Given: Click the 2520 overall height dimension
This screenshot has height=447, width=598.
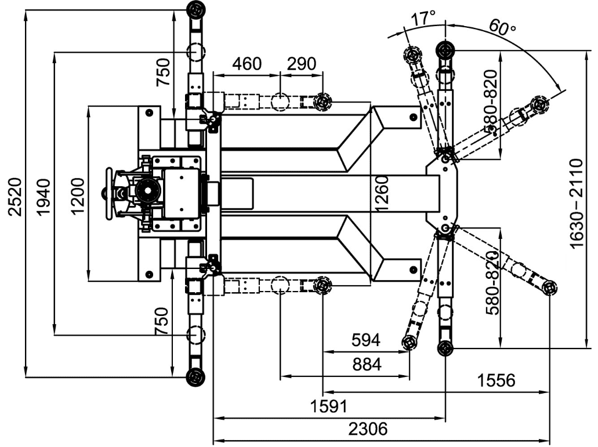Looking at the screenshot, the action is tap(15, 197).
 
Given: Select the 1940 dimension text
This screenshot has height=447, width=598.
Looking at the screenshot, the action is tap(43, 197).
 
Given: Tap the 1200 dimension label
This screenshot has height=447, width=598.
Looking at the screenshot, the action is tap(77, 197).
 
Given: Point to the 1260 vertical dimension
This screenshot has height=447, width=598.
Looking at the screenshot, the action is tap(382, 193).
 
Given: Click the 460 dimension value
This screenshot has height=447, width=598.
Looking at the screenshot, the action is tap(247, 64).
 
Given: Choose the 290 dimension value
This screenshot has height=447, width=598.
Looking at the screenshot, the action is tap(301, 64).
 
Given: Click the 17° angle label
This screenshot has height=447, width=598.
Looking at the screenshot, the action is tap(423, 18).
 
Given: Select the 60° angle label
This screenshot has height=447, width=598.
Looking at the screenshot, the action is tap(502, 27).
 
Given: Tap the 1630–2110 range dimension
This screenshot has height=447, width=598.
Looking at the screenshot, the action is tap(577, 204).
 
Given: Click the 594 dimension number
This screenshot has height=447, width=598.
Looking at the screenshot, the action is tap(366, 340).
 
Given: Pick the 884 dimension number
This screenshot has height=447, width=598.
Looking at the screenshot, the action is tap(367, 364).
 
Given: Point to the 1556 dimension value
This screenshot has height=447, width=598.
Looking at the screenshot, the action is tap(496, 380).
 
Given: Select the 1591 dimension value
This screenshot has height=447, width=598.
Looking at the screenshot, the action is tap(329, 406).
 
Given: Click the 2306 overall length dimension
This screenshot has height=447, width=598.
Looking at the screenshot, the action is tap(368, 428).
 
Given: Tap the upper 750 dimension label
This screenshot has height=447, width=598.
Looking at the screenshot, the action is tap(163, 72).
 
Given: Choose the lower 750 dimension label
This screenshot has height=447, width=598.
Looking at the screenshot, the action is tap(162, 321).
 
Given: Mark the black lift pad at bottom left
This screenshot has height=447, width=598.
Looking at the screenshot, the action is tap(195, 377).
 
